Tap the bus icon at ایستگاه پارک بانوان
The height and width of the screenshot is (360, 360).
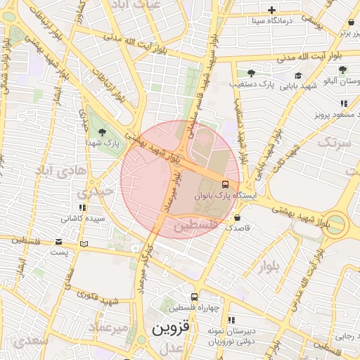pyautogui.click(x=224, y=184)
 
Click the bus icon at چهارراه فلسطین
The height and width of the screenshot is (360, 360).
pyautogui.click(x=195, y=297)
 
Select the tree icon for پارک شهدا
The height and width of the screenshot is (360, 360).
pyautogui.click(x=103, y=132)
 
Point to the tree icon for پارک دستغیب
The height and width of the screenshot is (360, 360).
pyautogui.click(x=251, y=73)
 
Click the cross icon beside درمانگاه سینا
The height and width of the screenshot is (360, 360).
pyautogui.click(x=272, y=10)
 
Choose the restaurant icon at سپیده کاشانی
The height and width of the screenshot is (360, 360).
pyautogui.click(x=82, y=207)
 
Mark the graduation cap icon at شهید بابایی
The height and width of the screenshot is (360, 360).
pyautogui.click(x=298, y=76)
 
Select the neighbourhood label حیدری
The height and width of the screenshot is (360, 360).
pyautogui.click(x=95, y=191)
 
